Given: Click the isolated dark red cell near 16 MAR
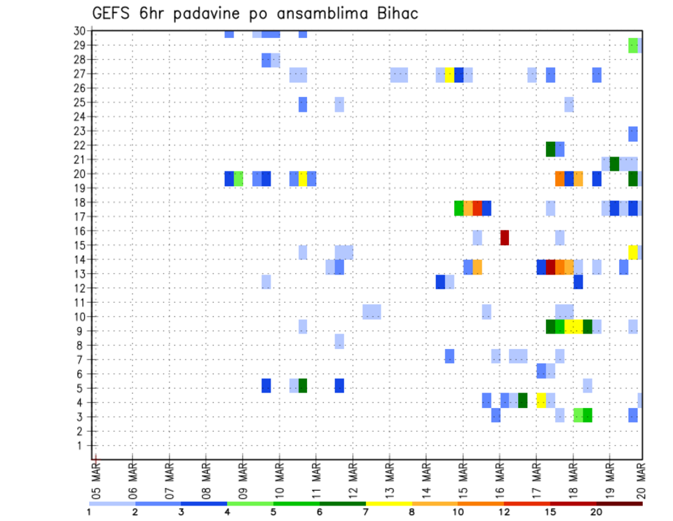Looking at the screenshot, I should (504, 237).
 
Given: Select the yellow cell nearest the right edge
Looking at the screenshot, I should (633, 252).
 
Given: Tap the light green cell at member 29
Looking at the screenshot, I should (633, 45).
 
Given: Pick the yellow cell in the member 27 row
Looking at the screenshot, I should (449, 74).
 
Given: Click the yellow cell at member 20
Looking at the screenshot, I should (303, 179).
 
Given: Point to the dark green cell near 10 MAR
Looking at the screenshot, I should (303, 385).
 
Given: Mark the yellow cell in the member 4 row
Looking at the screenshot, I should (541, 400).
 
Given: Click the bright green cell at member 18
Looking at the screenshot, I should (459, 208).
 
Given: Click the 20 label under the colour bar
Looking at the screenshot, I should (597, 512).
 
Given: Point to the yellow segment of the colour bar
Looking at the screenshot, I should (389, 503).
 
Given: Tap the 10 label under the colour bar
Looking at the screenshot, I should (458, 512).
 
